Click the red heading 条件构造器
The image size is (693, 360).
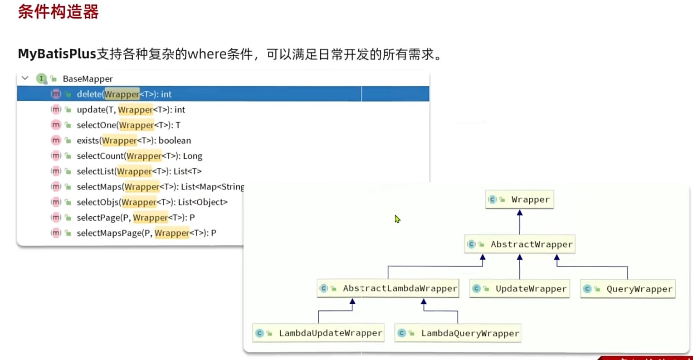pos(58,12)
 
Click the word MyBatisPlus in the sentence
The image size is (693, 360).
pos(57,54)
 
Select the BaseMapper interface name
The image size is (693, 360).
pos(88,79)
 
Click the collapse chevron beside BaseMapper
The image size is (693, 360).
pos(25,78)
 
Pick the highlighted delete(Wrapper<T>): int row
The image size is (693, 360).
pos(124,94)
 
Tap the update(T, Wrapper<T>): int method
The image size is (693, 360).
pos(131,110)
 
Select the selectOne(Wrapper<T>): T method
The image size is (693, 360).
pos(128,125)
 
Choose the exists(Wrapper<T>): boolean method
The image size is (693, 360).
pos(134,141)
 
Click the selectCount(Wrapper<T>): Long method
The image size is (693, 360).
pos(139,156)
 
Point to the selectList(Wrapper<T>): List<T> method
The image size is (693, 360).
pos(139,171)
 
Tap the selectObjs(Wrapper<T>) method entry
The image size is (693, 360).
pos(152,202)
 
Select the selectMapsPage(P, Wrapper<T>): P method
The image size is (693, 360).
pos(146,233)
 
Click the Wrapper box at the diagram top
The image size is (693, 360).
pos(520,199)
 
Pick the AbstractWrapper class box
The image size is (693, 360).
pos(520,244)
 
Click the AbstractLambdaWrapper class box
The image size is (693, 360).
pos(388,288)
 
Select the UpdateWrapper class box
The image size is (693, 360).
pos(520,289)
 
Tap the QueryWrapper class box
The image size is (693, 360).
pos(628,289)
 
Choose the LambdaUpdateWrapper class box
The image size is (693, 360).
pos(318,333)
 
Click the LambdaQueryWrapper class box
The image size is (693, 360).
pos(458,333)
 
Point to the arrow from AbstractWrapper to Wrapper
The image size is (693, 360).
pos(520,222)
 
